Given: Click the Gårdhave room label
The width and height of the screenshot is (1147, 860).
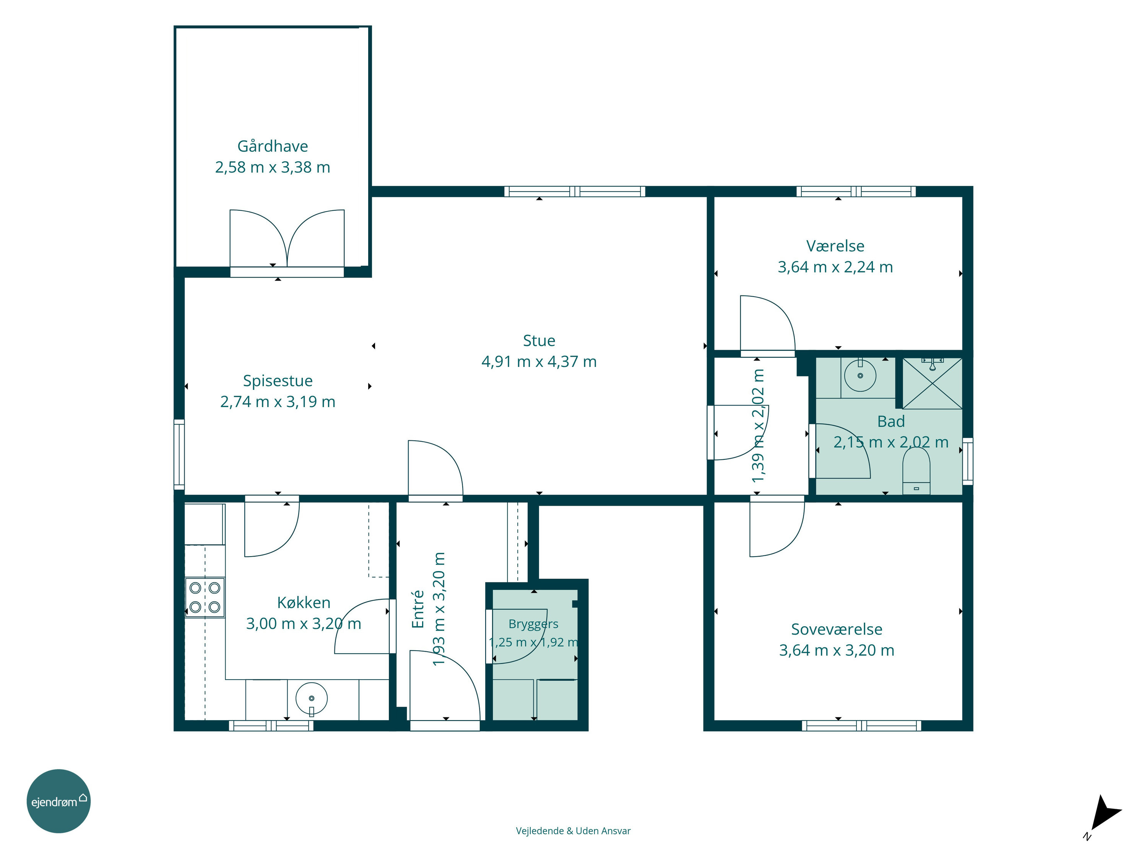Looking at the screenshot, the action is pyautogui.click(x=272, y=146).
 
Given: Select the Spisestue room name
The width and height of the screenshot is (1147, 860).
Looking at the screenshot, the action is pyautogui.click(x=278, y=381).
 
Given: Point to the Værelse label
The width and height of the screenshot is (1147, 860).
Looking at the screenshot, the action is pyautogui.click(x=835, y=246).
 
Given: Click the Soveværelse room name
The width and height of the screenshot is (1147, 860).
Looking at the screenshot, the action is pyautogui.click(x=837, y=629).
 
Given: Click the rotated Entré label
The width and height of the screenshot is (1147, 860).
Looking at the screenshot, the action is pyautogui.click(x=418, y=609).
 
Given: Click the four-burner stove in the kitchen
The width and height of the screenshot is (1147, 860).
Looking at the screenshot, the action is pyautogui.click(x=205, y=597).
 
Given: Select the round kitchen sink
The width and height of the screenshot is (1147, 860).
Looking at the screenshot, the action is pyautogui.click(x=311, y=698).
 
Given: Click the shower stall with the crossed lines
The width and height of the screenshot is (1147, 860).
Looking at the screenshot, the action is pyautogui.click(x=933, y=383).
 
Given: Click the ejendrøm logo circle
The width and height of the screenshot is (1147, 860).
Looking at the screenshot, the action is pyautogui.click(x=58, y=801).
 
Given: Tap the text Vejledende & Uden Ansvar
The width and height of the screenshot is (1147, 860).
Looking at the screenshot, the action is pyautogui.click(x=573, y=831).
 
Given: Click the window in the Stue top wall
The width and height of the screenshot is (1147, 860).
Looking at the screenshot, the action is pyautogui.click(x=575, y=191).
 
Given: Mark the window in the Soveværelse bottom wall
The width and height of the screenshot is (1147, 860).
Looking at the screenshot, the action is pyautogui.click(x=861, y=726).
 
